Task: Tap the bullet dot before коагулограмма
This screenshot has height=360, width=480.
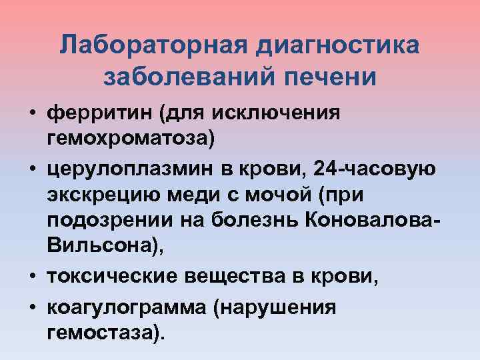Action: coord(31,306)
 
